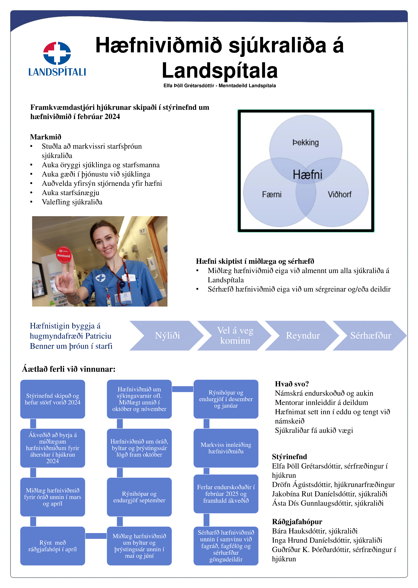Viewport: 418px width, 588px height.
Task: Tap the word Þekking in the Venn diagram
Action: click(x=306, y=142)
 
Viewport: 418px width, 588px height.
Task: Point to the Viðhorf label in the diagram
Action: click(x=340, y=194)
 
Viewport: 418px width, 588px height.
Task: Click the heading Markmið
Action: click(x=46, y=137)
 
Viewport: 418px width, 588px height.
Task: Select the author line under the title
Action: click(x=220, y=86)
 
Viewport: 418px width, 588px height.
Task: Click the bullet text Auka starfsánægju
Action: click(x=71, y=193)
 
